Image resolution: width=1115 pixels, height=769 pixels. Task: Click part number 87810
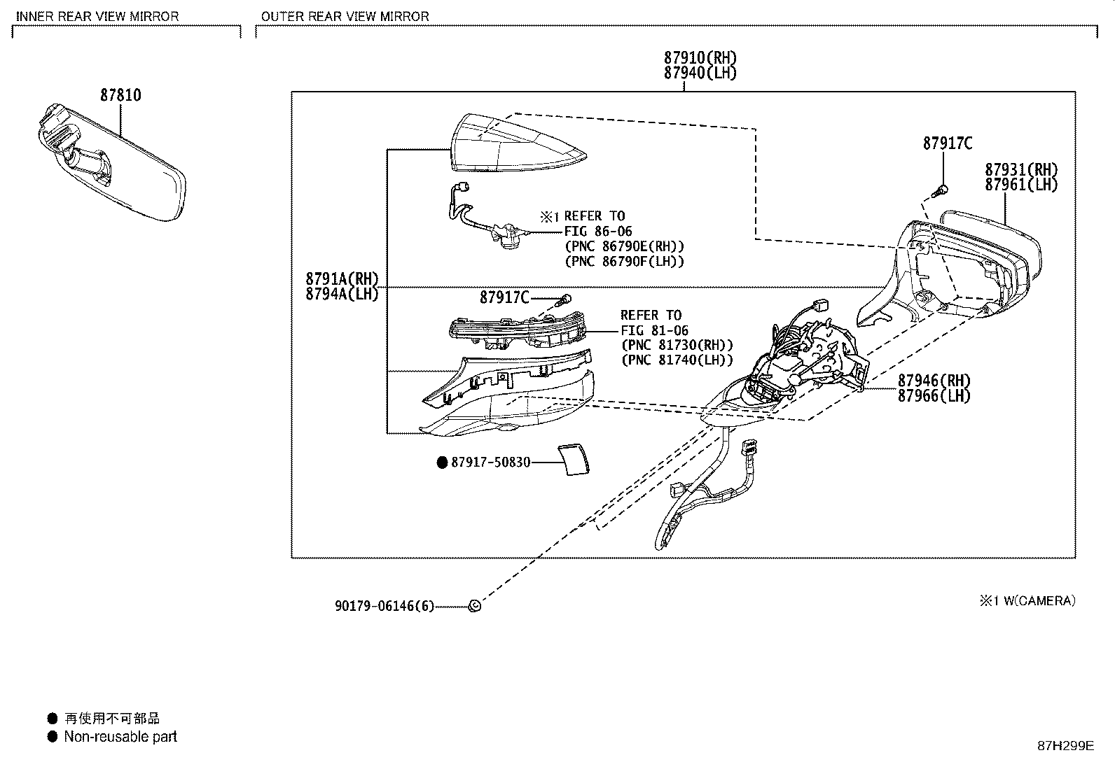point(120,95)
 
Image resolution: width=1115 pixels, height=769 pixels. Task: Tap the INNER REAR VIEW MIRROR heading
point(97,16)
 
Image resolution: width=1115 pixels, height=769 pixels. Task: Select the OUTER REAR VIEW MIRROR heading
point(345,16)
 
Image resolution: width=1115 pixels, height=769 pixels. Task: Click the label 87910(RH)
point(700,58)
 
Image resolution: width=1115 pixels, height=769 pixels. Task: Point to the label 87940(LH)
point(700,73)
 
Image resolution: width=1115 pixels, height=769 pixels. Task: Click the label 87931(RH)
point(1021,170)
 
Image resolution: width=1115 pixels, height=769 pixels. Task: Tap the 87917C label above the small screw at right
point(948,143)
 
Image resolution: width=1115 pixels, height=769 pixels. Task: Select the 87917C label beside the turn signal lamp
point(504,297)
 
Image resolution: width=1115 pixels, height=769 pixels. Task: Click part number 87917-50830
point(490,463)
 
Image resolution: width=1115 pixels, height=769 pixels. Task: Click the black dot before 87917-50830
point(442,463)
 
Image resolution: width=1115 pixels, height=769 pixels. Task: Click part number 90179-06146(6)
point(385,606)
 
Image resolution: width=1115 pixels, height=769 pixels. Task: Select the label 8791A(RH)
point(342,278)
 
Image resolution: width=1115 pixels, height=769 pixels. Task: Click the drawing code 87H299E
point(1065,746)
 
